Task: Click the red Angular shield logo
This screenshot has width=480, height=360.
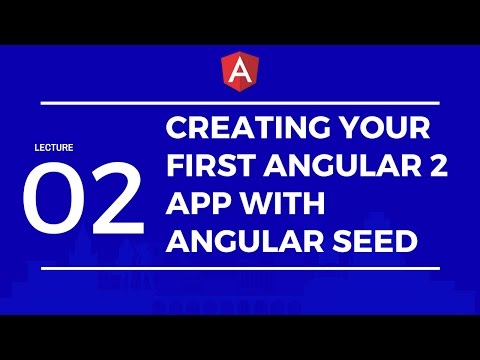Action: (x=239, y=69)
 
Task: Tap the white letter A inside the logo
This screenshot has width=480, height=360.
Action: (x=239, y=69)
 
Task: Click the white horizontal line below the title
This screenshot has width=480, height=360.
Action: (x=240, y=267)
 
